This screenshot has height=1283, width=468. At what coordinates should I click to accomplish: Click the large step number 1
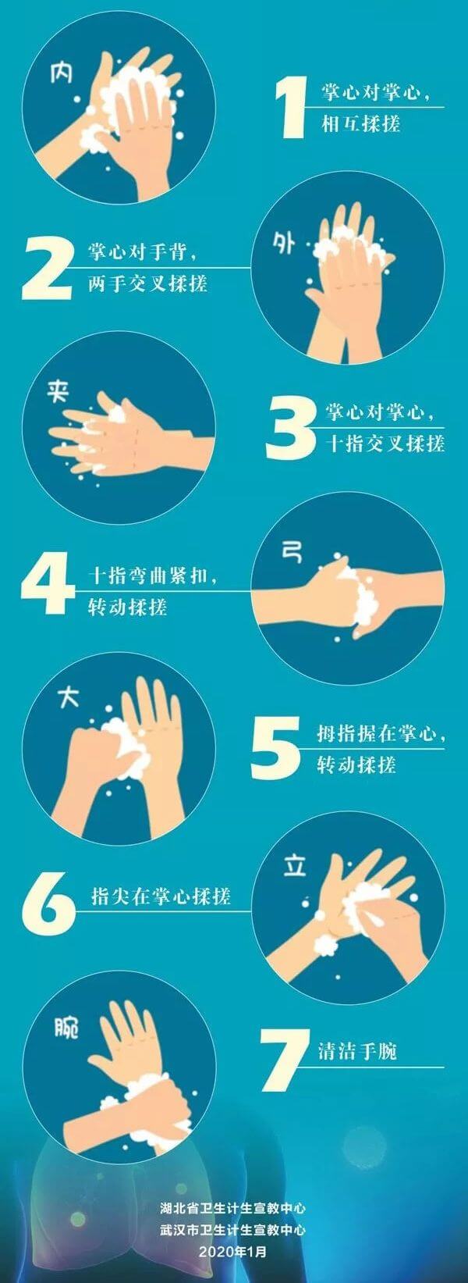[x=291, y=109]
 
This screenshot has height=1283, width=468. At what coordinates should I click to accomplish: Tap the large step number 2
[x=47, y=269]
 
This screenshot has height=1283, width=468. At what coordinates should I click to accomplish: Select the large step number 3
[x=291, y=429]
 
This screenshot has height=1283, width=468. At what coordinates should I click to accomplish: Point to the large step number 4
[x=48, y=583]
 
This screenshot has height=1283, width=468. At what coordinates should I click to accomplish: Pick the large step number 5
[x=275, y=749]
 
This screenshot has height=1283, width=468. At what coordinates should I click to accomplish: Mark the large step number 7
[x=285, y=1060]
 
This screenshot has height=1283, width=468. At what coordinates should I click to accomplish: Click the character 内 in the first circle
[x=61, y=73]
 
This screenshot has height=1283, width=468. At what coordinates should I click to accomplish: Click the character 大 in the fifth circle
[x=68, y=697]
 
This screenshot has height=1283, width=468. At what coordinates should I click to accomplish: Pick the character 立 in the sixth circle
[x=295, y=867]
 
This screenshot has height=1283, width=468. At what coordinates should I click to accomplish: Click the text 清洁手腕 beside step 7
[x=357, y=1052]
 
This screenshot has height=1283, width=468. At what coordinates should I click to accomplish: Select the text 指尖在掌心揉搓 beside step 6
[x=161, y=896]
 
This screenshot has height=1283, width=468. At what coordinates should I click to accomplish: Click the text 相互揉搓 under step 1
[x=360, y=123]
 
